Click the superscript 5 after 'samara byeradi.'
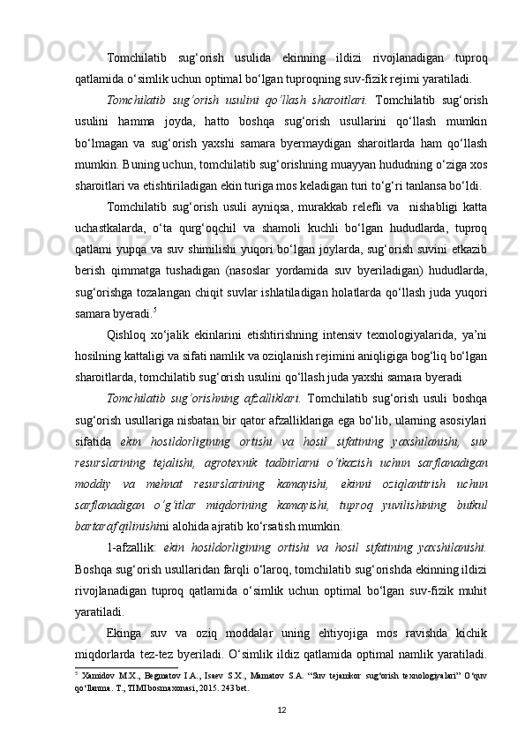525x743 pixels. [155, 311]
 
